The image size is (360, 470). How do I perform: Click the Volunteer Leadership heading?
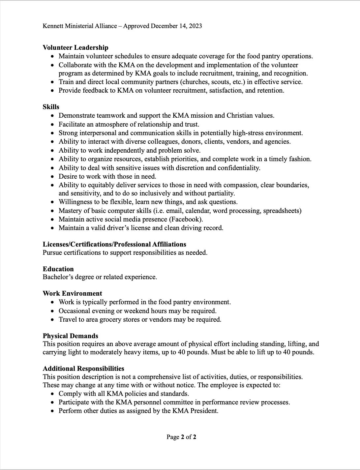(x=75, y=47)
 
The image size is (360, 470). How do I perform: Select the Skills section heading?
(x=51, y=107)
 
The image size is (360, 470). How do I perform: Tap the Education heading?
(x=58, y=269)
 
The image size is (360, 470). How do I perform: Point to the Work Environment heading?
(x=72, y=293)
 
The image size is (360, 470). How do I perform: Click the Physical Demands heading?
(x=70, y=336)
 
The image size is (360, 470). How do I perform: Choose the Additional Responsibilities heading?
(x=83, y=368)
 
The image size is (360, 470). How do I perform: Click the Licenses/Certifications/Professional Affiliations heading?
(x=114, y=244)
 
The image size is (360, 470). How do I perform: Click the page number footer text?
(x=181, y=437)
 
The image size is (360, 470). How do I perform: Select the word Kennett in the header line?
(x=53, y=26)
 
